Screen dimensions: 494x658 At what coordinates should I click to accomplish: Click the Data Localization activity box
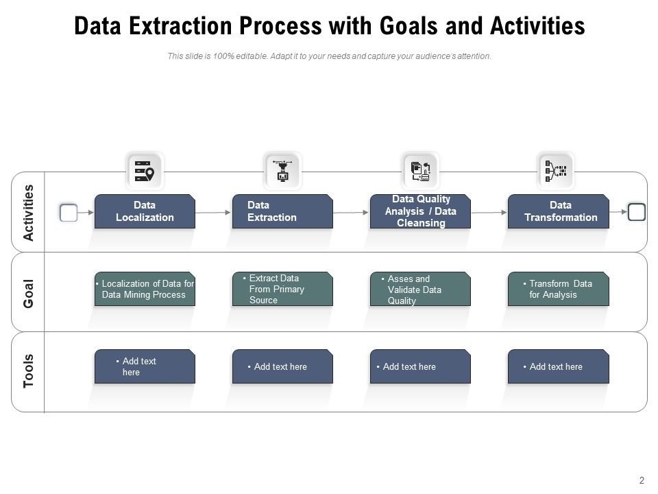[x=145, y=211]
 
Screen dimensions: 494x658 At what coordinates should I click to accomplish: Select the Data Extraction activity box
[x=282, y=211]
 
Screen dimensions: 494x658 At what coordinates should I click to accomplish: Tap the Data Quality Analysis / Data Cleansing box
[x=420, y=211]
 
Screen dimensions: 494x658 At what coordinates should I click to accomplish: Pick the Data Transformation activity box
[x=558, y=211]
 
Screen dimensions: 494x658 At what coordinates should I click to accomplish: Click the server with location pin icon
[x=145, y=170]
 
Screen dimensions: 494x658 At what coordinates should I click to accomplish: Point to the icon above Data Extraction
[x=282, y=170]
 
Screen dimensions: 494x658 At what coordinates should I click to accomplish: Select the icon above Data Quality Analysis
[x=419, y=170]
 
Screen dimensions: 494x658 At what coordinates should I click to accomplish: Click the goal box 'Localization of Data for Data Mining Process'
[x=145, y=289]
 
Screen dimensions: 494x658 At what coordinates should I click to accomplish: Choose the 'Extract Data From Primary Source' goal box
[x=282, y=289]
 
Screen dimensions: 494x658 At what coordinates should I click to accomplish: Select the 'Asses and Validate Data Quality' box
[x=420, y=289]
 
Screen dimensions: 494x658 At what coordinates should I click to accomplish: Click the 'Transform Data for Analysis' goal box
[x=558, y=289]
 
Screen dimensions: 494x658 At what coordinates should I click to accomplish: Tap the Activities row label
[x=28, y=212]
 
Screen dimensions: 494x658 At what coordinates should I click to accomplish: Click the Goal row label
[x=28, y=293]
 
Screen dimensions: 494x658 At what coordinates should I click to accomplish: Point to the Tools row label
[x=28, y=371]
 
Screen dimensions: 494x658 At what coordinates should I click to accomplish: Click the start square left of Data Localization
[x=69, y=213]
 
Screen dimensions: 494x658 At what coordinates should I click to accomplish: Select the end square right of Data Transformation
[x=637, y=212]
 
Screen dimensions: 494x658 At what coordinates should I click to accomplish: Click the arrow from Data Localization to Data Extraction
[x=213, y=213]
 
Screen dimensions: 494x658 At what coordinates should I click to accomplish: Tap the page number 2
[x=642, y=480]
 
